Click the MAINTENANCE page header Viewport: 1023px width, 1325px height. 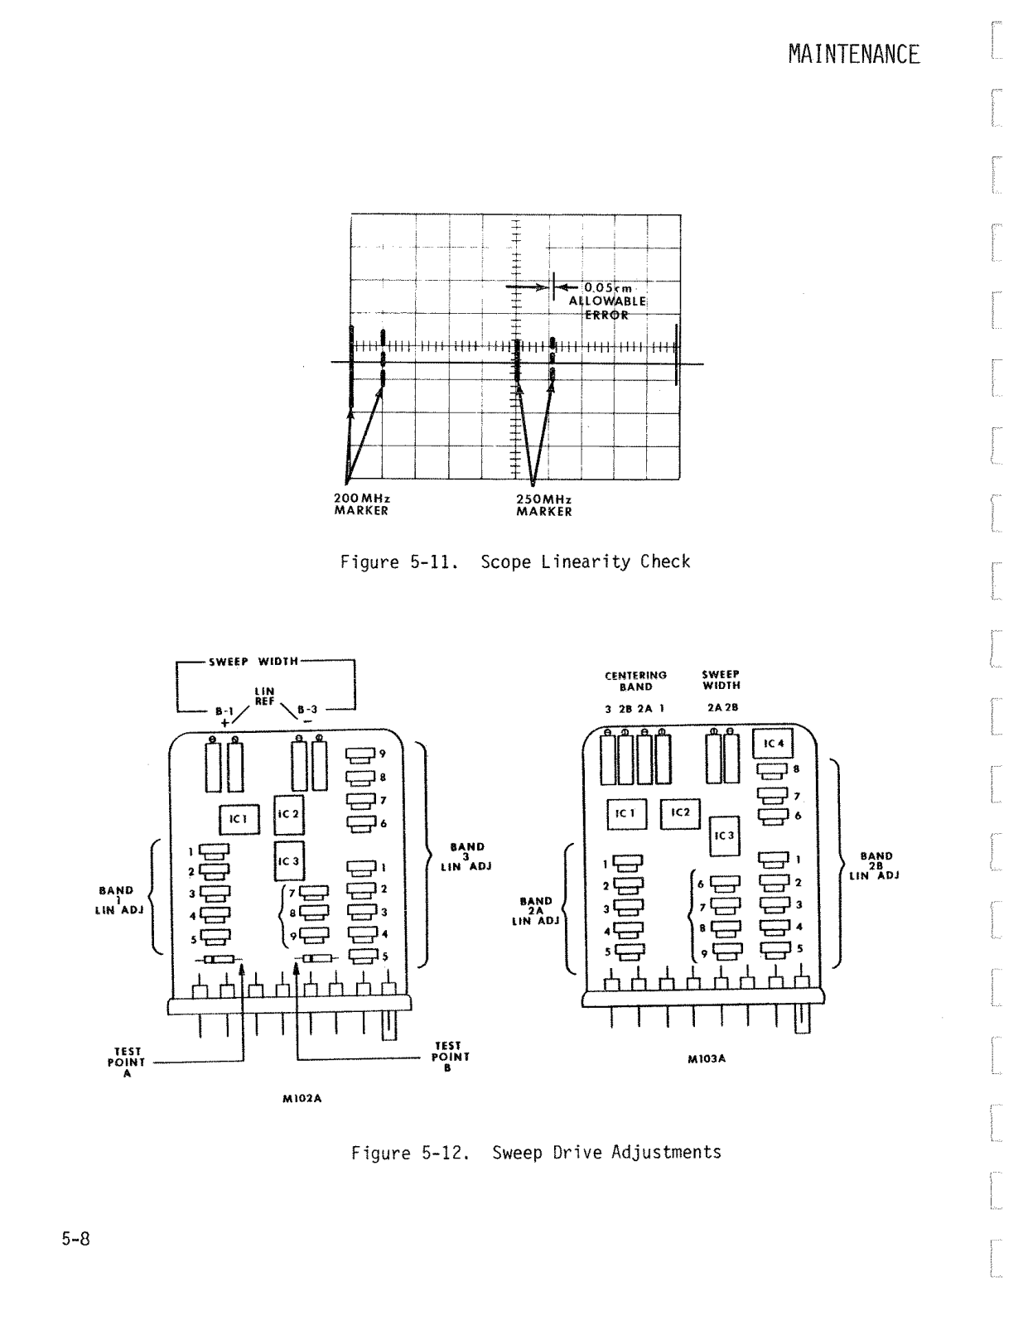[853, 55]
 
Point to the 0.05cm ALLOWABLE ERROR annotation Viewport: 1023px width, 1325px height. [606, 301]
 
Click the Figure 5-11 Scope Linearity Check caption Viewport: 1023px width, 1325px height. [514, 562]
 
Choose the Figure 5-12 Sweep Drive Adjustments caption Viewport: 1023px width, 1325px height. [536, 1153]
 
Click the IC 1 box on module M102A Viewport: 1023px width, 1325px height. [239, 819]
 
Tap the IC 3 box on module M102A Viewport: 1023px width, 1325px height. [288, 861]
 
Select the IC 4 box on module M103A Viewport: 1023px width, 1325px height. [774, 744]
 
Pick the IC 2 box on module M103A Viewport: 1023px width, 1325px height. [680, 813]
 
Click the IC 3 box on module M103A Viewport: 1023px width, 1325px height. [724, 836]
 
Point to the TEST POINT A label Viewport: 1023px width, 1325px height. [126, 1062]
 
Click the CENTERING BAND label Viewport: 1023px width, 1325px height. [635, 681]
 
